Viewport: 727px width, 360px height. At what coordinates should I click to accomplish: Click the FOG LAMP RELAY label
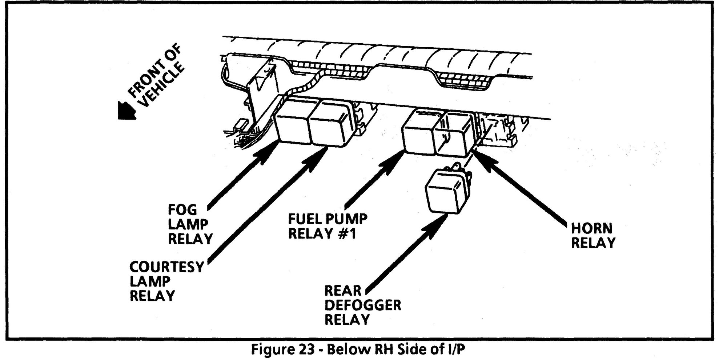[190, 224]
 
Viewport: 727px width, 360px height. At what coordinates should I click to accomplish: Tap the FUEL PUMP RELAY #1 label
[328, 226]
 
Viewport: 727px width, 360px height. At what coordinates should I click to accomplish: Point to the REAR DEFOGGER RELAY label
[362, 305]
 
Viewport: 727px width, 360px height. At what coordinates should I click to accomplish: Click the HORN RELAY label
[593, 235]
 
